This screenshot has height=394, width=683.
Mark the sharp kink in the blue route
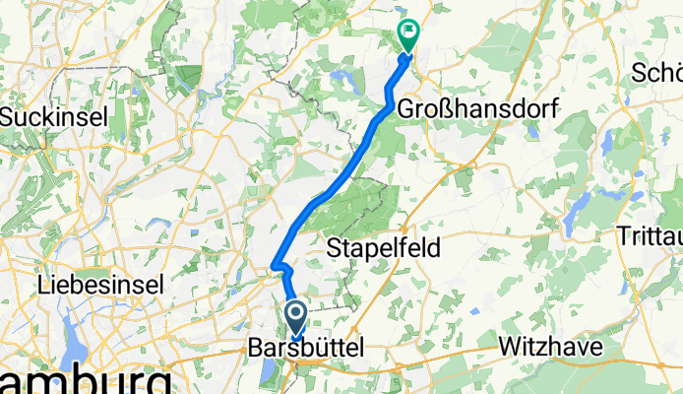[279, 266]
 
